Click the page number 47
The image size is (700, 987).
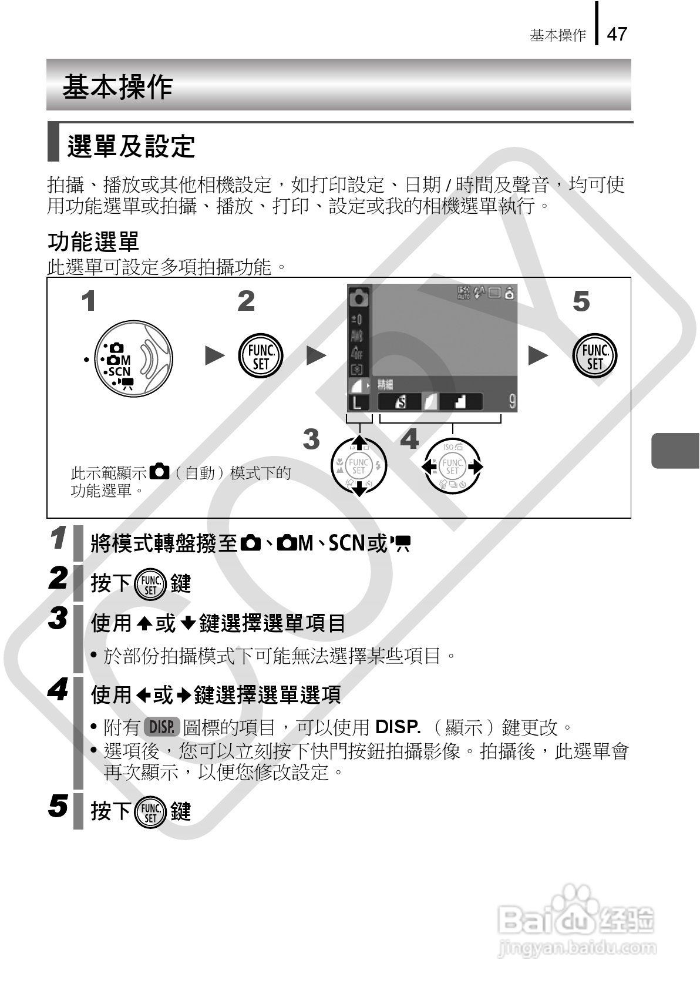click(x=617, y=34)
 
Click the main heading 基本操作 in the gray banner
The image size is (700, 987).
click(x=117, y=86)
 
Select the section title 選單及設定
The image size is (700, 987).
click(x=131, y=146)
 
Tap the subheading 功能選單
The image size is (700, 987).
click(x=93, y=241)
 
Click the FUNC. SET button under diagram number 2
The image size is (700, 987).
click(x=260, y=357)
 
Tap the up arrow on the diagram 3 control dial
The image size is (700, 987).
click(x=358, y=444)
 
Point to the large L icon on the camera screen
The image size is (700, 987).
click(x=358, y=402)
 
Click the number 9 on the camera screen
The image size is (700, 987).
click(x=511, y=401)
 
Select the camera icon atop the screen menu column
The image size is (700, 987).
click(x=359, y=298)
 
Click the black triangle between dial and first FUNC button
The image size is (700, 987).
click(x=214, y=355)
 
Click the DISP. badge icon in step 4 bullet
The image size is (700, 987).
click(x=161, y=727)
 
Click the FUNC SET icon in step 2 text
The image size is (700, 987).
click(x=150, y=584)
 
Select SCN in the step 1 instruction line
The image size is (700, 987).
click(x=346, y=543)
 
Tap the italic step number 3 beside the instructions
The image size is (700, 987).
click(x=58, y=618)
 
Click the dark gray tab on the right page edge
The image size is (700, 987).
click(x=675, y=450)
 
